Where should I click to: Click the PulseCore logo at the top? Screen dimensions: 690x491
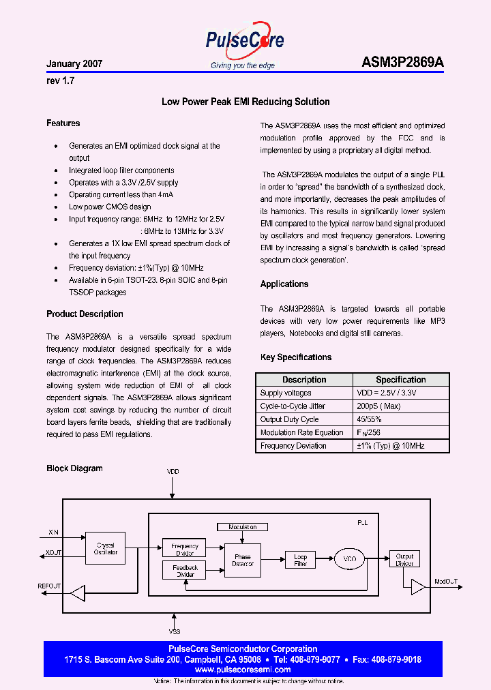tap(244, 42)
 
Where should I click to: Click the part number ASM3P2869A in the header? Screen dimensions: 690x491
tap(402, 62)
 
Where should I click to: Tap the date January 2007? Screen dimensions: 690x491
tap(74, 63)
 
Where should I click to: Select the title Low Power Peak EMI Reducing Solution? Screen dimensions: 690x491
tap(245, 102)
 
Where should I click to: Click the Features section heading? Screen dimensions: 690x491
tap(63, 123)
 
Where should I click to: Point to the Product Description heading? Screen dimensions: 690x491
tap(85, 314)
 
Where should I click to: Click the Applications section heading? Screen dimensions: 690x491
tap(284, 284)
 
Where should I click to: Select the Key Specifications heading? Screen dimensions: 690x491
tap(296, 357)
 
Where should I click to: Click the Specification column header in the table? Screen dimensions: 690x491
tap(400, 380)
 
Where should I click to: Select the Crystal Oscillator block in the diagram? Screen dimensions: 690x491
tap(106, 549)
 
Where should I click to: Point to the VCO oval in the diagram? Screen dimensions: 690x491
tap(349, 559)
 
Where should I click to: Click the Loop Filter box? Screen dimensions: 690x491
tap(301, 560)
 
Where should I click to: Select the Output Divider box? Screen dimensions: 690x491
tap(404, 560)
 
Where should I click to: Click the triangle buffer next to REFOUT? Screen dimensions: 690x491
tap(78, 593)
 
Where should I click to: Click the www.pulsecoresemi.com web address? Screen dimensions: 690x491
tap(243, 670)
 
